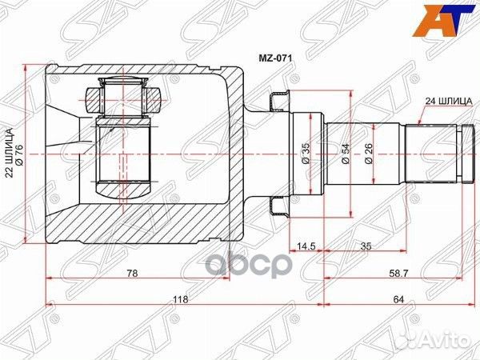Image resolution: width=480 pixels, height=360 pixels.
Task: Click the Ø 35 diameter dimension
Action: click(x=306, y=152)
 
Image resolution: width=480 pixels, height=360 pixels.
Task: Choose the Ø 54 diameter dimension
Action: click(x=346, y=152)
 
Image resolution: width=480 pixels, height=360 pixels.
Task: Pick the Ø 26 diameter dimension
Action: click(x=369, y=152)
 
